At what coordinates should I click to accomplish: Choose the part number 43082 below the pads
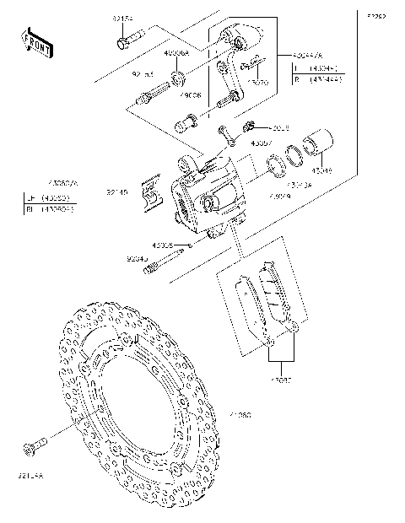point(281,380)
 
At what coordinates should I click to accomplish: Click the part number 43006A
point(177,52)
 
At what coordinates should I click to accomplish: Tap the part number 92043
point(138,259)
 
